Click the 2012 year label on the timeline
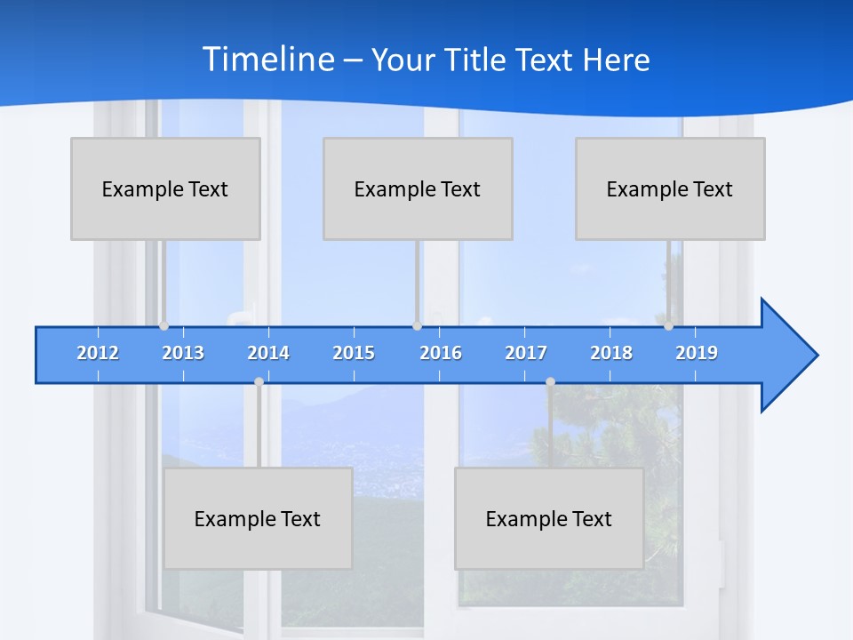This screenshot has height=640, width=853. (98, 353)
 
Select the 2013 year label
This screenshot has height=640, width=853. (183, 353)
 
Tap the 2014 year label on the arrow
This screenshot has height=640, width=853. (268, 353)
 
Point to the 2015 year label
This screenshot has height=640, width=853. (354, 353)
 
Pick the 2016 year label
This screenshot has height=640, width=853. (441, 353)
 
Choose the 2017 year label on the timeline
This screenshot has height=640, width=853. (526, 353)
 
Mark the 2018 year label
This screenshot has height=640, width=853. (611, 353)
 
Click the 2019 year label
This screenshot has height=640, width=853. (697, 353)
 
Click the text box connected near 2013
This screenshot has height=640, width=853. (165, 188)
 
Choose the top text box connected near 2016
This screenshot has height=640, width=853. (418, 188)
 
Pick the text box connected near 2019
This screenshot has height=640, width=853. (670, 188)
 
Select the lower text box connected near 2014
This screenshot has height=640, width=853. (258, 518)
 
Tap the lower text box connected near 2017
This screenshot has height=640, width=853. (549, 518)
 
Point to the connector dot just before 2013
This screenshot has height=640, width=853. (163, 326)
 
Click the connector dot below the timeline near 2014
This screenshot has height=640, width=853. (259, 382)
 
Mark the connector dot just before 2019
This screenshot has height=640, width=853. (668, 326)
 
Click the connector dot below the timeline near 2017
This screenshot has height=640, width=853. (550, 382)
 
